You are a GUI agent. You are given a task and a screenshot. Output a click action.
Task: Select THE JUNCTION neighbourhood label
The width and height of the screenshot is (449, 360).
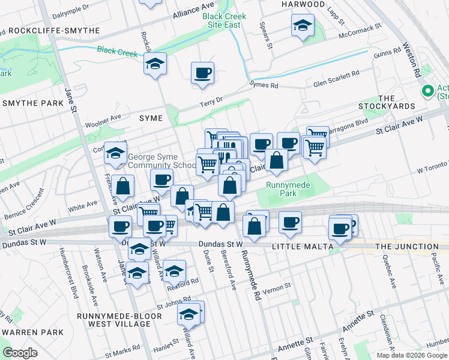[406, 247]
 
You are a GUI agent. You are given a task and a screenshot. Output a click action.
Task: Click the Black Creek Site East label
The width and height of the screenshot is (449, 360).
[221, 20]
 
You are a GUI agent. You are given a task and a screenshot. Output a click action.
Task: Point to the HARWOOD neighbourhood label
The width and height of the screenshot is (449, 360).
[303, 4]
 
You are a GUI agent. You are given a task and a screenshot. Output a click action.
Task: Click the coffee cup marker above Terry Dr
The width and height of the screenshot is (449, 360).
[202, 74]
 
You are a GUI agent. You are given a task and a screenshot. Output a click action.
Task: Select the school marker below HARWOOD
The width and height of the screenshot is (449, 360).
[303, 26]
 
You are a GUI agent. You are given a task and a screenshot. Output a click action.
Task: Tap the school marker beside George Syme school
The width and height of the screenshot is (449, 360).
[115, 154]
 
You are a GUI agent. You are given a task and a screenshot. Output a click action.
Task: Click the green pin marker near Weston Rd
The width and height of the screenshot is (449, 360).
[427, 91]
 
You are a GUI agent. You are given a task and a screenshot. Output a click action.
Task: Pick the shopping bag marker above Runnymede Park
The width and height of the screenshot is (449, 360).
[276, 161]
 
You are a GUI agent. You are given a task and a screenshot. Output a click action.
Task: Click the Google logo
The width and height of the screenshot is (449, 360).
[20, 353]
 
